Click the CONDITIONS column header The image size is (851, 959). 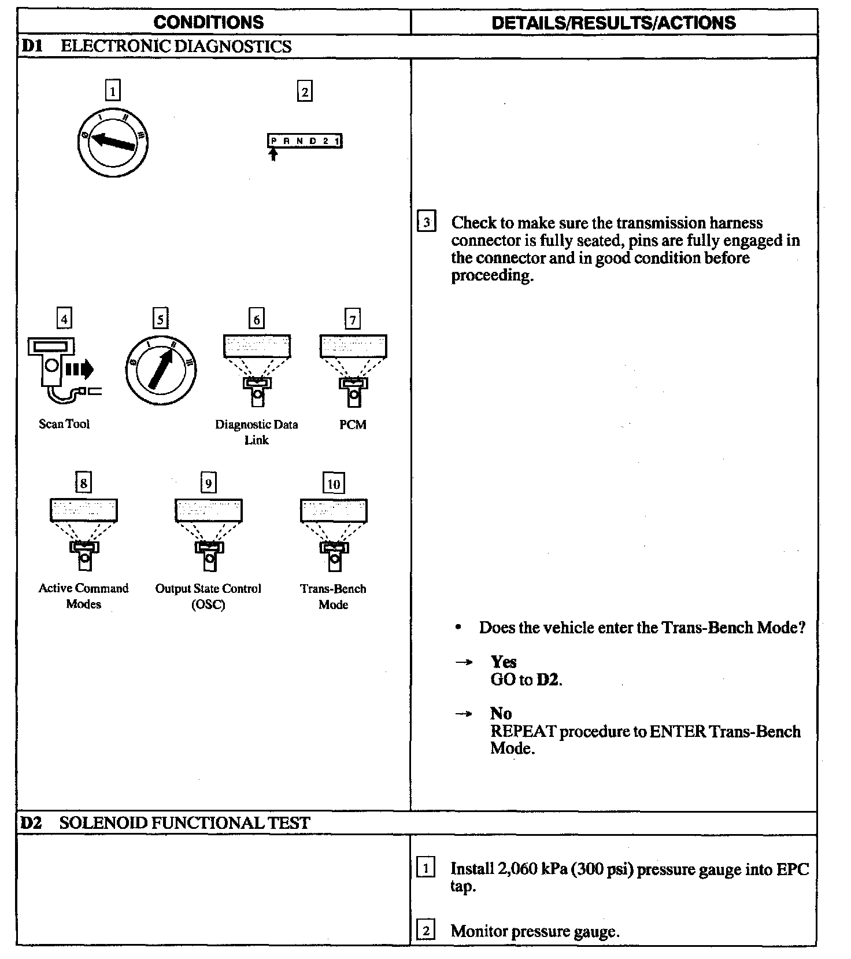209,23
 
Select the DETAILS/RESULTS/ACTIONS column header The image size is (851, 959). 613,23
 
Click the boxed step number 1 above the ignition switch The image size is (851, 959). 113,91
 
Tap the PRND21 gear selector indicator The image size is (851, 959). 305,141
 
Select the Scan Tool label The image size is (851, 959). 64,424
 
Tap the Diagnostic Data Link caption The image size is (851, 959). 257,432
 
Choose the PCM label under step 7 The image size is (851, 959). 353,425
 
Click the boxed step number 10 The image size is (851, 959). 334,484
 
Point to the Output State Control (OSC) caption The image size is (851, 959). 208,596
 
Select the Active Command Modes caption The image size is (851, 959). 84,596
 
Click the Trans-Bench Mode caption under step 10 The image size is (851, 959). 334,596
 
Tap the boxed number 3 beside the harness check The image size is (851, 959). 426,223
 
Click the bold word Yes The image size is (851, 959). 504,662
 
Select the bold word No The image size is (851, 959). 501,713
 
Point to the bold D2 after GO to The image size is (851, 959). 548,679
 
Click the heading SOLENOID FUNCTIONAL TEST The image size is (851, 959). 184,822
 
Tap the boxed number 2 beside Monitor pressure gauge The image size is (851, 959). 426,931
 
